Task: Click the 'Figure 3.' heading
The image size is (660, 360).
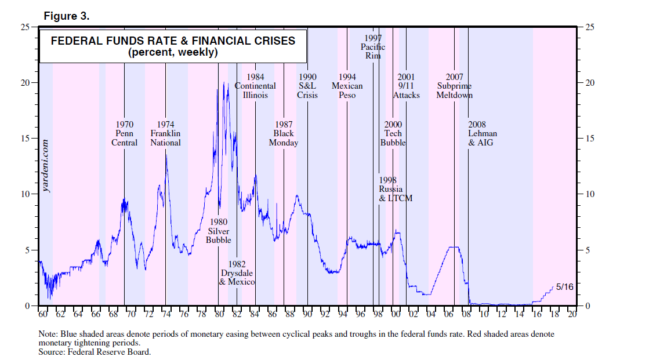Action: [67, 16]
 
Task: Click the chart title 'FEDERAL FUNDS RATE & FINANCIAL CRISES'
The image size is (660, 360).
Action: [173, 41]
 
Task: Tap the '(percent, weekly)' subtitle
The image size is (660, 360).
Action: [173, 52]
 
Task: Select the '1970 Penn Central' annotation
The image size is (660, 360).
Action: [124, 133]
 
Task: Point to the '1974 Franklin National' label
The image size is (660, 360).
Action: [165, 133]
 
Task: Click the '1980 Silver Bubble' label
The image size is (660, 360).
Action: [219, 231]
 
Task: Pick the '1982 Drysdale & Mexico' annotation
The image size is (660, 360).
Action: [237, 273]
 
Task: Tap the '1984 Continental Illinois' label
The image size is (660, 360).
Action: [255, 86]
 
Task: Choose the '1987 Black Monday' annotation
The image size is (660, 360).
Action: [284, 133]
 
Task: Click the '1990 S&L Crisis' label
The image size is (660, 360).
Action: [307, 86]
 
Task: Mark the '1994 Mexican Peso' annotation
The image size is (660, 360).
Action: [347, 86]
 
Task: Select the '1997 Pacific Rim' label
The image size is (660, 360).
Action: [373, 47]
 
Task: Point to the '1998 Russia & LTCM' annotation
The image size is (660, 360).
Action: [395, 189]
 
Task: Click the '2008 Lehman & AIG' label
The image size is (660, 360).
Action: [483, 133]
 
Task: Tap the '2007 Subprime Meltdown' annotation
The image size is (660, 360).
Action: [454, 86]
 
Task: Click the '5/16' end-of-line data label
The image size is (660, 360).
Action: [564, 286]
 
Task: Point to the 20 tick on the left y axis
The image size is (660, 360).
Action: [27, 83]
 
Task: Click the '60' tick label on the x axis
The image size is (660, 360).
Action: [42, 314]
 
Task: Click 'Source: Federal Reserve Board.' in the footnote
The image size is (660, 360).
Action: [95, 351]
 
